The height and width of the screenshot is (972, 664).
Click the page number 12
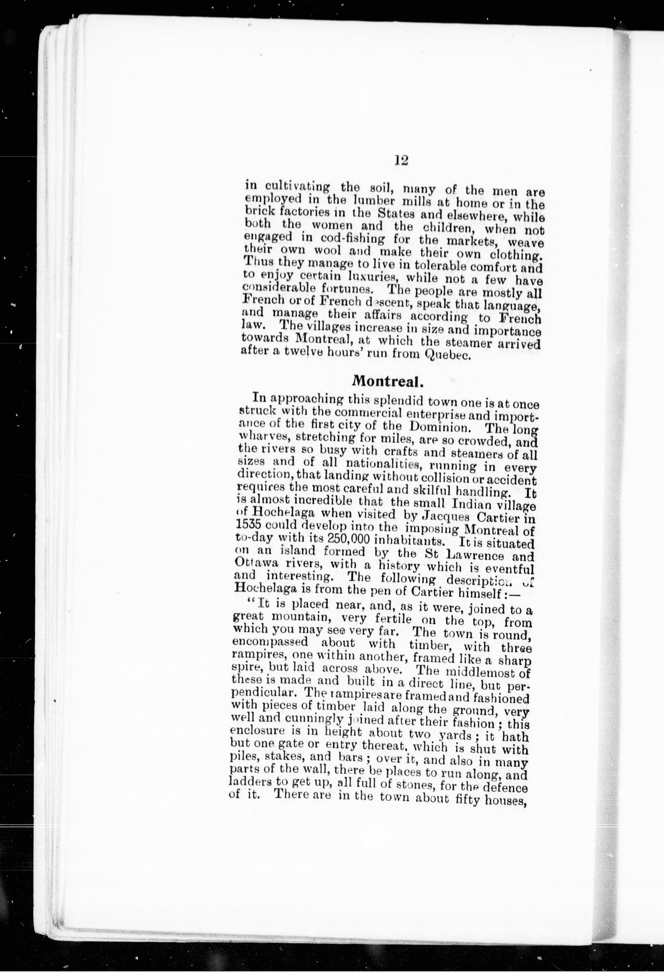[401, 161]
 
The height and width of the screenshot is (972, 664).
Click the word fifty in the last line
[466, 925]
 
